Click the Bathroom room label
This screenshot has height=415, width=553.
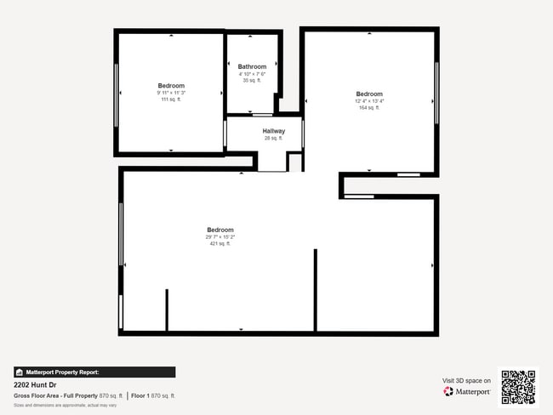click(x=252, y=66)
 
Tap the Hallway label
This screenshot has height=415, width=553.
click(x=273, y=131)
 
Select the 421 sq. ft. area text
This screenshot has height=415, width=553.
click(x=219, y=243)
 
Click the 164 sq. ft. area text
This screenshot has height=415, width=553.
click(x=369, y=108)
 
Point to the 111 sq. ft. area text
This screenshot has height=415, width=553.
click(x=171, y=99)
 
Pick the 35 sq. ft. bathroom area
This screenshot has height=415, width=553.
click(x=252, y=80)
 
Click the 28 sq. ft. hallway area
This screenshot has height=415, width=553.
click(x=273, y=138)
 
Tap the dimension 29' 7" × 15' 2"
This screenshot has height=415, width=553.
click(x=219, y=236)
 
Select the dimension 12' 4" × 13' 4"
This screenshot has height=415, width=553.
click(x=369, y=101)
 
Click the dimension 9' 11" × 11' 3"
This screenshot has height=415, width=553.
click(x=171, y=93)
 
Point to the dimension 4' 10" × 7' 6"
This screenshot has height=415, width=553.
click(x=252, y=73)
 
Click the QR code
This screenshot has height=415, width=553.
click(x=518, y=387)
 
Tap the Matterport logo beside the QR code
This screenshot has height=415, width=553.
click(x=467, y=392)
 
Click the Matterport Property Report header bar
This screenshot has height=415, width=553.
click(x=94, y=372)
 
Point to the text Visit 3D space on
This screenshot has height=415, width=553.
click(x=467, y=380)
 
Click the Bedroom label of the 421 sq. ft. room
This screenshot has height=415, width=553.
click(x=219, y=230)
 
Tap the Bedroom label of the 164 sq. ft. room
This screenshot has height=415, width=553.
click(x=369, y=94)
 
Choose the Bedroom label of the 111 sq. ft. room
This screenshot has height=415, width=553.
click(x=171, y=85)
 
